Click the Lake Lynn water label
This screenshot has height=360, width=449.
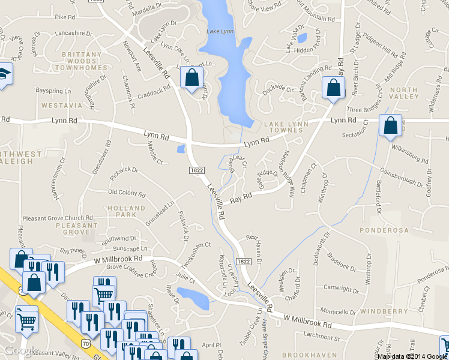(x=219, y=31)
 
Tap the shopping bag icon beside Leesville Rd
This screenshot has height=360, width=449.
(x=191, y=77)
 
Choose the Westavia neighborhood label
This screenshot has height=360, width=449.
(x=61, y=105)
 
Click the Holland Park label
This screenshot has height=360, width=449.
(x=127, y=211)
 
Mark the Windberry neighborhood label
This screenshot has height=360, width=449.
(x=384, y=311)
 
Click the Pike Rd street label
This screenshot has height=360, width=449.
(x=63, y=17)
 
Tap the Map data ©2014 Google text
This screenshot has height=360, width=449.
(x=412, y=356)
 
